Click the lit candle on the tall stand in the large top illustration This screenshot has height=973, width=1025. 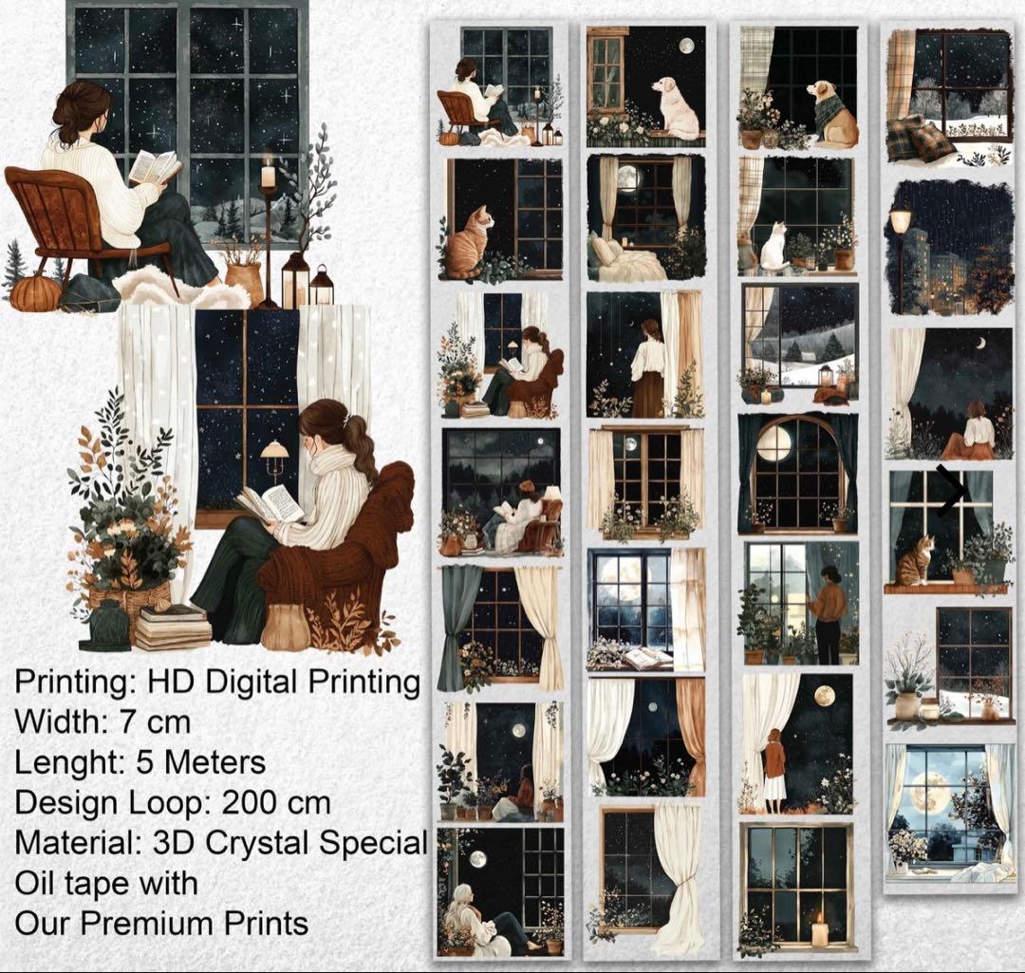coord(268,174)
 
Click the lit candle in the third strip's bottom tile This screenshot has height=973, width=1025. coord(819,930)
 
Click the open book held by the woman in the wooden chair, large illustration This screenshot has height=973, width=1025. coord(155,167)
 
